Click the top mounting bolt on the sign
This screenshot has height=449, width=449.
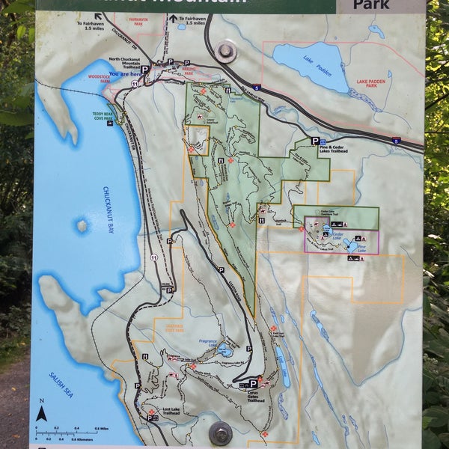pyautogui.click(x=225, y=52)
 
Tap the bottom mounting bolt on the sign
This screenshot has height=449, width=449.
pyautogui.click(x=220, y=432)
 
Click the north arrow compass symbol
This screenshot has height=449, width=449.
pyautogui.click(x=42, y=413)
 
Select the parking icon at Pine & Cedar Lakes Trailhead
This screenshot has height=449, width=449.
pyautogui.click(x=315, y=141)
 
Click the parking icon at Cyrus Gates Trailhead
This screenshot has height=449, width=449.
pyautogui.click(x=253, y=384)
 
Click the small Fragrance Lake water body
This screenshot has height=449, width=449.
pyautogui.click(x=224, y=349)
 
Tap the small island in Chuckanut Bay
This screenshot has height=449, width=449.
pyautogui.click(x=82, y=225)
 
